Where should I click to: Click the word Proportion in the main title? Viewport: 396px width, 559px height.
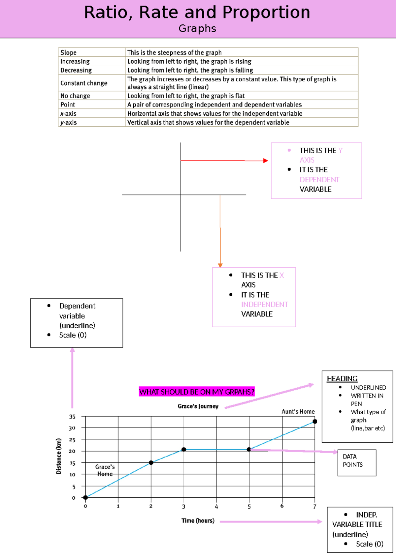[266, 13]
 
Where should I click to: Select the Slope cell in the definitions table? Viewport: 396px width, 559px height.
[68, 52]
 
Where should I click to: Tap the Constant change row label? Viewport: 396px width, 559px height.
[84, 83]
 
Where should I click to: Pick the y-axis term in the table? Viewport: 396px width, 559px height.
[69, 122]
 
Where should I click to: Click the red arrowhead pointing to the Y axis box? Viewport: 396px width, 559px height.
[266, 161]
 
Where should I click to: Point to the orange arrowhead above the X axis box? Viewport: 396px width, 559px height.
[220, 265]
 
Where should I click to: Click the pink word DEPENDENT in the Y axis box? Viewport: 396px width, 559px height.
[319, 180]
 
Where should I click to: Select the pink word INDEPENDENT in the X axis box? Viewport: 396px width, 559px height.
[264, 305]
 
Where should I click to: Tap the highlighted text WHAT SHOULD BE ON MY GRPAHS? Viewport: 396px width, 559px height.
[197, 392]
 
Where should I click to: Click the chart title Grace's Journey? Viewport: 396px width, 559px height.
[198, 406]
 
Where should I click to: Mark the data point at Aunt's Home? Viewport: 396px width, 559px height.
[315, 422]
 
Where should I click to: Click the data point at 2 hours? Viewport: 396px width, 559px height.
[151, 463]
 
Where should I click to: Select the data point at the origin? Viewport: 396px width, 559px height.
[85, 498]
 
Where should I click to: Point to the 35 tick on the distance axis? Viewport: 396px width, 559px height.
[72, 417]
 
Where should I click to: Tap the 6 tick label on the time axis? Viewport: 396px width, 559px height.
[282, 506]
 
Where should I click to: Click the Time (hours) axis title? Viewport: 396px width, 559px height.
[198, 521]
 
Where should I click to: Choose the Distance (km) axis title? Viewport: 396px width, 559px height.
[59, 456]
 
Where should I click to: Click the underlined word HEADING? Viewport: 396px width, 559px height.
[342, 379]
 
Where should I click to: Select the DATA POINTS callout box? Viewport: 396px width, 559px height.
[357, 462]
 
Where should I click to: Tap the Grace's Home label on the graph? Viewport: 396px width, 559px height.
[105, 470]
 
